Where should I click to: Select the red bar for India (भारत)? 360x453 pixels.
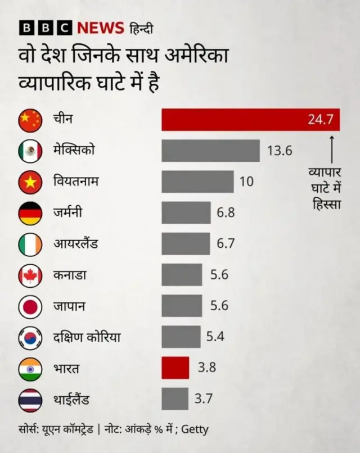(x=175, y=368)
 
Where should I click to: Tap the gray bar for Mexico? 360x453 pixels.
(x=210, y=151)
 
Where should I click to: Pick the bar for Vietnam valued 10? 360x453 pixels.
(x=197, y=182)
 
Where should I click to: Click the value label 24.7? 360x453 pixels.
(x=321, y=119)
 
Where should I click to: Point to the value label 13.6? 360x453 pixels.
(x=280, y=151)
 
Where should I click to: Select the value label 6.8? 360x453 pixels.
(x=226, y=213)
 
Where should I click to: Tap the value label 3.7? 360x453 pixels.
(x=204, y=399)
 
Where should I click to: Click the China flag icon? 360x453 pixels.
(x=30, y=120)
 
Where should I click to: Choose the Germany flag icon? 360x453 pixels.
(x=30, y=213)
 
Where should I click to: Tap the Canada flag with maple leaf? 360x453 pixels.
(x=30, y=275)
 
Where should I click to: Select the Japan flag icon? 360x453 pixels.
(x=30, y=306)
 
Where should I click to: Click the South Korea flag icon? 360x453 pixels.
(x=30, y=337)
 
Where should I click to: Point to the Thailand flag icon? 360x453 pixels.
(x=30, y=400)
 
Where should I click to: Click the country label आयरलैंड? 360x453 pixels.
(x=76, y=244)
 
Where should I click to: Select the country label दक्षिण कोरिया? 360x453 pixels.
(x=87, y=337)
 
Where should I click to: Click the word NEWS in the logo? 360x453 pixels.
(x=100, y=28)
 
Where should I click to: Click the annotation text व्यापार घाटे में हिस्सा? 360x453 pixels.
(x=327, y=187)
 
